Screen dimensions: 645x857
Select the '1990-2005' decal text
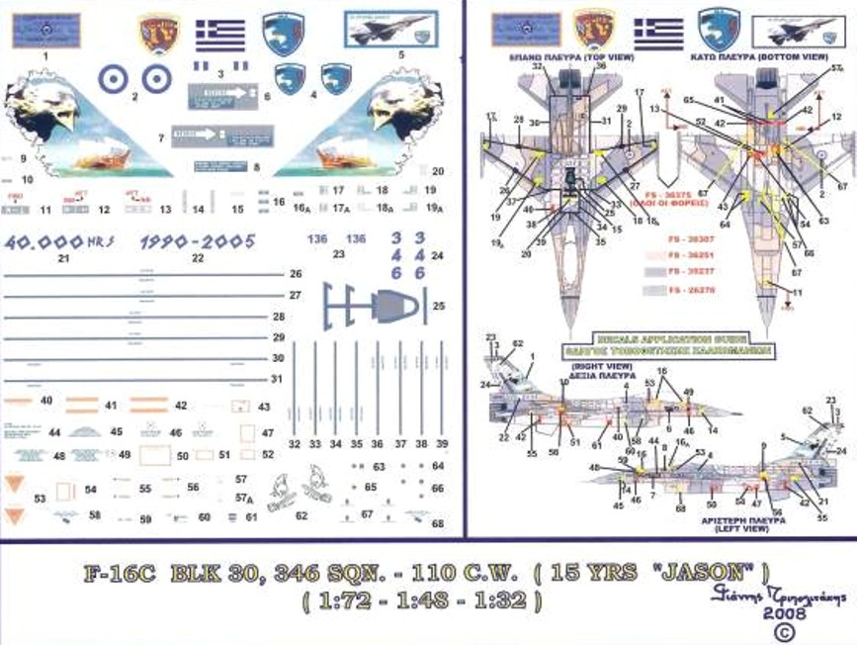click(198, 240)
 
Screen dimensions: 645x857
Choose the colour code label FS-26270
click(690, 290)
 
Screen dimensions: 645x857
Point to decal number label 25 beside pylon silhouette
click(439, 306)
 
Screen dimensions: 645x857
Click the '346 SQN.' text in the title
click(308, 574)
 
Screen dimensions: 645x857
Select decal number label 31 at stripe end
click(278, 379)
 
